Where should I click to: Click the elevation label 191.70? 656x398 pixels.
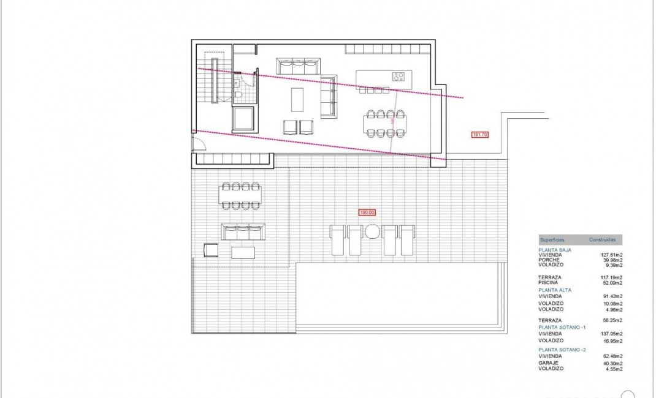[x=479, y=135]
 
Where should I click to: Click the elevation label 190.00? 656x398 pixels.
[x=367, y=212]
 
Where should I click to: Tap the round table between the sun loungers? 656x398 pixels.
[x=373, y=231]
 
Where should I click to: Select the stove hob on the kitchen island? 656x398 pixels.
[x=399, y=77]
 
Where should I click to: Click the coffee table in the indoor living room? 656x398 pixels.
[x=297, y=99]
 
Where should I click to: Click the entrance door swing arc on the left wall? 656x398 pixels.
[x=197, y=145]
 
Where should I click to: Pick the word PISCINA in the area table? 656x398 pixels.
[x=547, y=283]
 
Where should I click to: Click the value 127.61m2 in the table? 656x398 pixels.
[x=612, y=254]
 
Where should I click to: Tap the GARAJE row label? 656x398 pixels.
[x=547, y=363]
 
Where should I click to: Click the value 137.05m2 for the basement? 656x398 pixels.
[x=612, y=334]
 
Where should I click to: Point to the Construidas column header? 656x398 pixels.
[x=602, y=240]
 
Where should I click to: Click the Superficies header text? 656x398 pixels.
[x=552, y=240]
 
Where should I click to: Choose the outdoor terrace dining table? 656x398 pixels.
[x=240, y=196]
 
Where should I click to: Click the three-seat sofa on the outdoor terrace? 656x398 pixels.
[x=243, y=233]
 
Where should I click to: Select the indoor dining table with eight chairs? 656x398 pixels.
[x=386, y=125]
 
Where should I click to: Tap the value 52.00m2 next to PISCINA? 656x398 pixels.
[x=613, y=283]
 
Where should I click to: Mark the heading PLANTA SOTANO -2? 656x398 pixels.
[x=563, y=349]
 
